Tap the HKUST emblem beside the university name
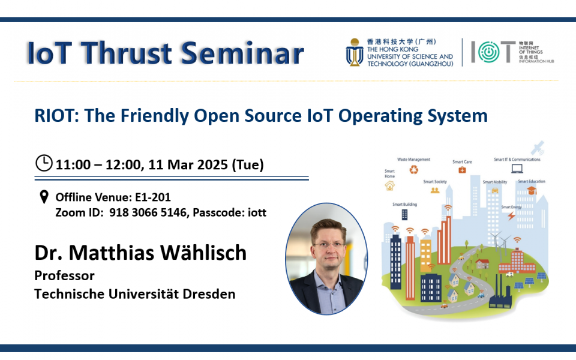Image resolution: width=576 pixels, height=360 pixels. click(353, 52)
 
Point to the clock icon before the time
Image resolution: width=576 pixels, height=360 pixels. click(44, 163)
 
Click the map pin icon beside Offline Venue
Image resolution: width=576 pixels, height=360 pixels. click(43, 197)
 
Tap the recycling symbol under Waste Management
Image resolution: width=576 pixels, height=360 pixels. click(414, 170)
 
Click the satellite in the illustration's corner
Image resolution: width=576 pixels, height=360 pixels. click(538, 147)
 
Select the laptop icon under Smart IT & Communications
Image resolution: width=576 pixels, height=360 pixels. click(516, 169)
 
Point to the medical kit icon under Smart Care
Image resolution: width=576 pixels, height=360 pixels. click(462, 170)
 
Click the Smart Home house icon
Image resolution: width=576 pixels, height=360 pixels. click(390, 186)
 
